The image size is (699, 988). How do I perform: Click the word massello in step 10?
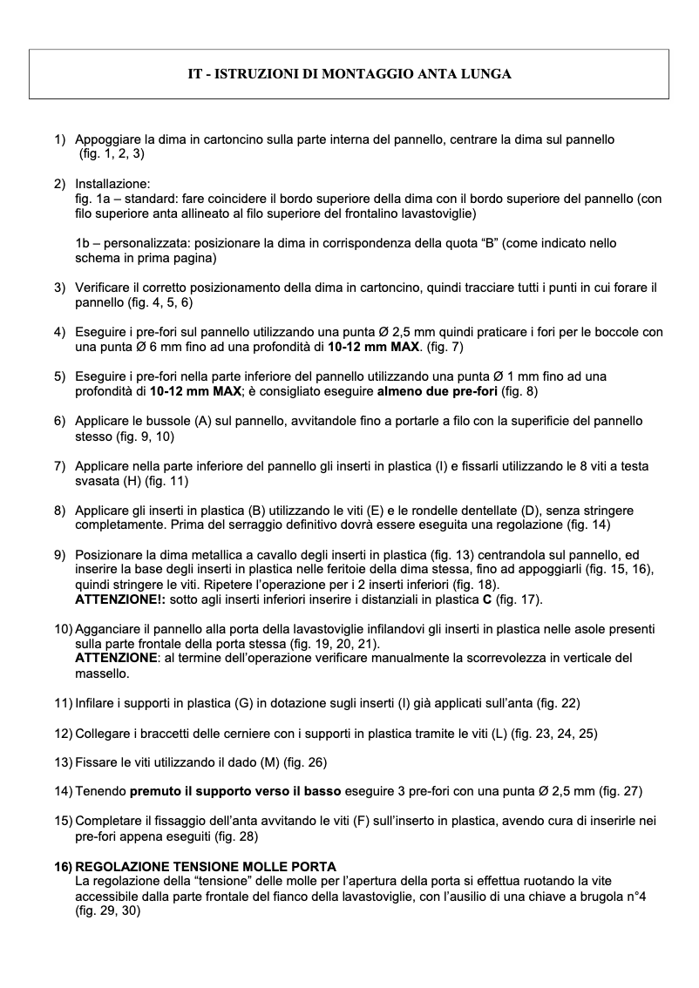pos(102,673)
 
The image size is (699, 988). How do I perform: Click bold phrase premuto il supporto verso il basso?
pos(236,791)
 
